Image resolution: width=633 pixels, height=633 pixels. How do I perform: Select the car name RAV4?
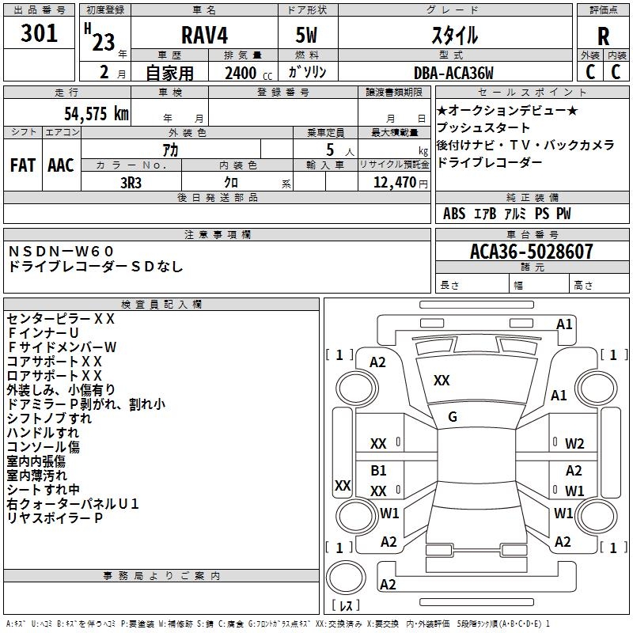[x=203, y=36]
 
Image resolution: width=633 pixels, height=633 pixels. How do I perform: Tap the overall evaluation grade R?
[x=603, y=36]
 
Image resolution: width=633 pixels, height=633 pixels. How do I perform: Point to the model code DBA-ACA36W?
[x=454, y=73]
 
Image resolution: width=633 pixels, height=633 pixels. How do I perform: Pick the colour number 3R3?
[x=131, y=181]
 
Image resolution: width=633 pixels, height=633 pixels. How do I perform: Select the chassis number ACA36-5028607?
[x=531, y=252]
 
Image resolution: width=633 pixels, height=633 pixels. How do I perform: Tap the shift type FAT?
[x=22, y=165]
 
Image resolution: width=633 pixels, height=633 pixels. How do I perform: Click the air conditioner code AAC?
[x=60, y=165]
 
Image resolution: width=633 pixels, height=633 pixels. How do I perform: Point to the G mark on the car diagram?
[x=453, y=416]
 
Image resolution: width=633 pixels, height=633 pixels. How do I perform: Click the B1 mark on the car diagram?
[x=379, y=471]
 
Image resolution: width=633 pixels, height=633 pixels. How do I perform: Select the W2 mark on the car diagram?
[x=574, y=444]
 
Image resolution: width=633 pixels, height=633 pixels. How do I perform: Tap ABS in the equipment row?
[x=454, y=214]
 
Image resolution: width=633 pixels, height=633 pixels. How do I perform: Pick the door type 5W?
[x=309, y=36]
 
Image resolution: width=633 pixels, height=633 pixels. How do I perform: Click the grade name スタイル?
[x=454, y=36]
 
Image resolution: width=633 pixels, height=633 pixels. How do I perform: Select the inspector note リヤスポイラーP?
[x=55, y=517]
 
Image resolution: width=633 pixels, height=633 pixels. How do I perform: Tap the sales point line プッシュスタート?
[x=483, y=127]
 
